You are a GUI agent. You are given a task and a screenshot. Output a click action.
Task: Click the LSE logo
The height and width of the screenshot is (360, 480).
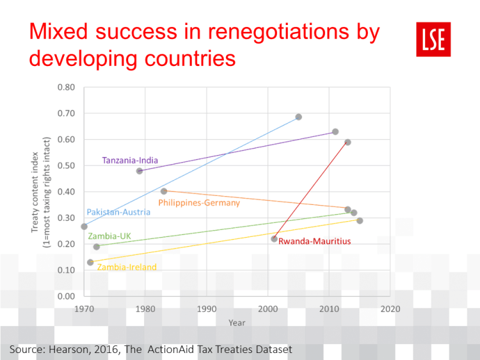(x=433, y=39)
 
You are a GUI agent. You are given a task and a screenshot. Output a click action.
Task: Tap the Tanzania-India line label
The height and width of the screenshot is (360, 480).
(x=130, y=160)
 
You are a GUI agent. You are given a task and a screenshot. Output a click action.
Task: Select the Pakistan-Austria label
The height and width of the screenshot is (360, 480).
(x=118, y=212)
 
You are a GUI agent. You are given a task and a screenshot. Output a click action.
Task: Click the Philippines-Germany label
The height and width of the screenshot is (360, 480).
(x=199, y=203)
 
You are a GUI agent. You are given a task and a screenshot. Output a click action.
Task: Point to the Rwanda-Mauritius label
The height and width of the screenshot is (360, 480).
(x=307, y=241)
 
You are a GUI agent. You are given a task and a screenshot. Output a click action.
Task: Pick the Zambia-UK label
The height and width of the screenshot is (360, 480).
(x=109, y=236)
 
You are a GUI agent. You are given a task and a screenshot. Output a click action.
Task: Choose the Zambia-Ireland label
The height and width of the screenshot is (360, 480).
(x=127, y=267)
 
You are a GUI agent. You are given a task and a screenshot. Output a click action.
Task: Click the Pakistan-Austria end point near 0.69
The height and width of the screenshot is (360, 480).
(x=298, y=117)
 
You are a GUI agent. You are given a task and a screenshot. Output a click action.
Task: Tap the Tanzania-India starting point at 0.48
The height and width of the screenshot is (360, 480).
(x=140, y=171)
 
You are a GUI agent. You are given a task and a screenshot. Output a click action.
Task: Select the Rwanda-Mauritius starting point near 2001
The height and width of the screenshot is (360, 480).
(x=274, y=239)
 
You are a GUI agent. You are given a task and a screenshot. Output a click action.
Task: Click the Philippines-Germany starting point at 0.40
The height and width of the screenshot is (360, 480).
(x=164, y=192)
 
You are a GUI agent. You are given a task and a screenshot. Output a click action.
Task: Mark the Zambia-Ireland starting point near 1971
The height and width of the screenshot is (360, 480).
(x=90, y=262)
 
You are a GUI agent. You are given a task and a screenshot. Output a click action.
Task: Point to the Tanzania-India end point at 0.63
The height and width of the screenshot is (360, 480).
(x=335, y=132)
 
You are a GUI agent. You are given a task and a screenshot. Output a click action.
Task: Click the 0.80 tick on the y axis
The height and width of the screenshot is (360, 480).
(x=66, y=88)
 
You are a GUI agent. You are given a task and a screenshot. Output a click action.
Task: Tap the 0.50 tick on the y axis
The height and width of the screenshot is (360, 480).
(x=66, y=166)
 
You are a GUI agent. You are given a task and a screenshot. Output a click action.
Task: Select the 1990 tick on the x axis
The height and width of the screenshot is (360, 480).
(x=207, y=308)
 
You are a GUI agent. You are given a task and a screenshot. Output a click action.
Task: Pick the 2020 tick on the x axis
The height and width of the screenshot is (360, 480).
(x=390, y=308)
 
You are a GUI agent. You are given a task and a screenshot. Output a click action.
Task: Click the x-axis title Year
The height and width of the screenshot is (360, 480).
(x=237, y=323)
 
